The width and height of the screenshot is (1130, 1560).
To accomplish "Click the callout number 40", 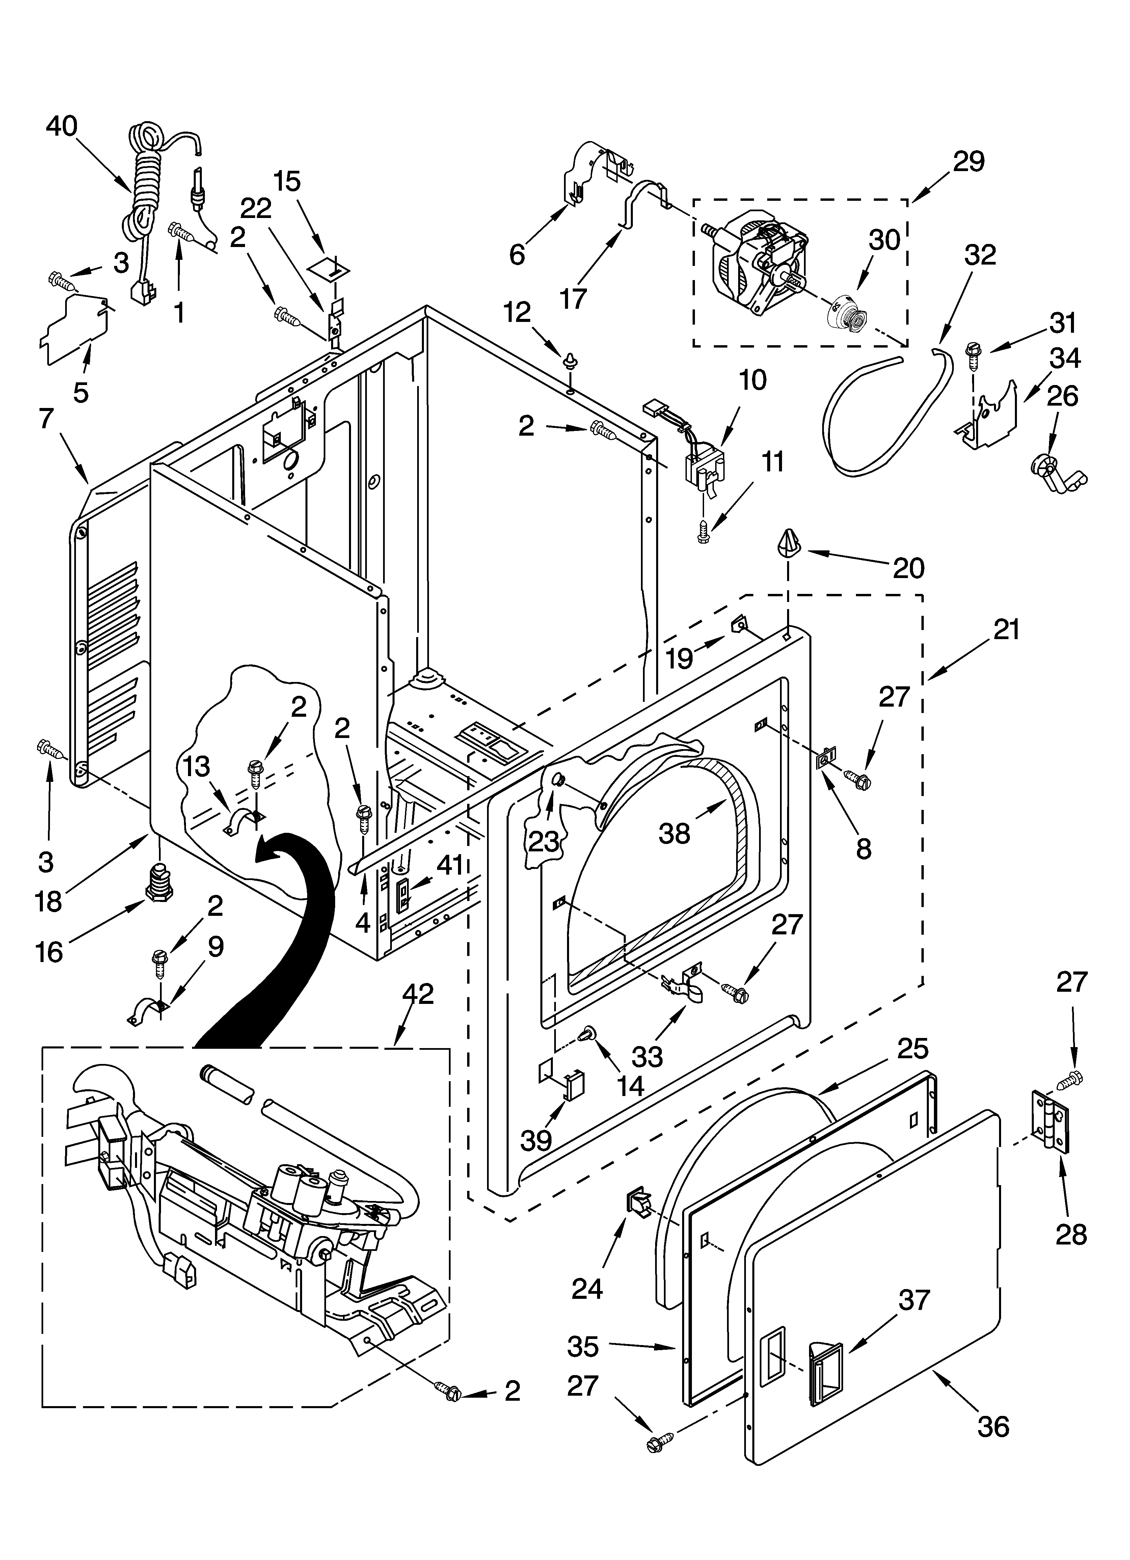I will pos(62,127).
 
